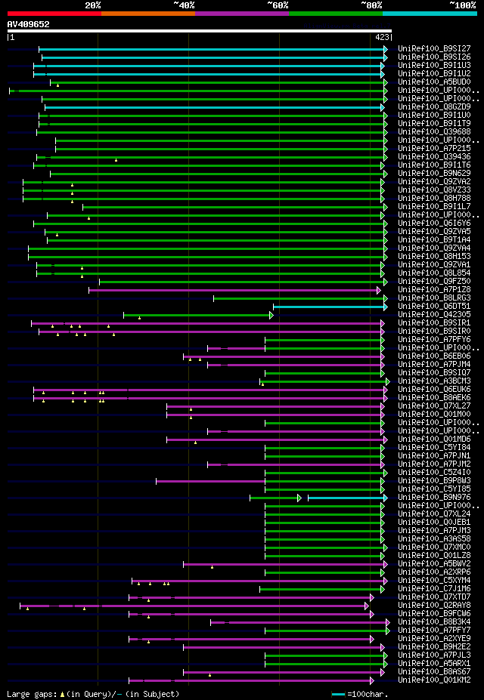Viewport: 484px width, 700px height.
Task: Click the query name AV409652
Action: [29, 24]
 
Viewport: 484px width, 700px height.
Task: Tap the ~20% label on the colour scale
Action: [92, 5]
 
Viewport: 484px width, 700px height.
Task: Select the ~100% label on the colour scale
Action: [462, 5]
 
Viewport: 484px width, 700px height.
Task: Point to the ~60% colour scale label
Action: [278, 5]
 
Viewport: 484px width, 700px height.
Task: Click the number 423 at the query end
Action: [382, 36]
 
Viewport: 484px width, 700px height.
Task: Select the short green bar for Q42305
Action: [197, 315]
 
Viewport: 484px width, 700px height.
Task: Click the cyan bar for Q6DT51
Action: [330, 307]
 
